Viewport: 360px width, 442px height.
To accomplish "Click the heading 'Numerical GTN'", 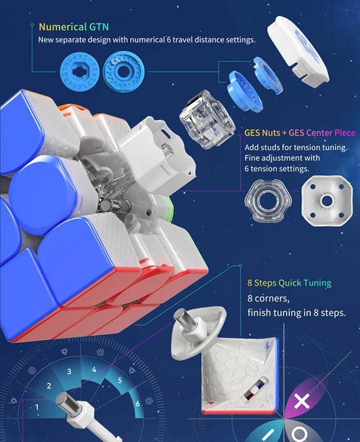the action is (x=73, y=27).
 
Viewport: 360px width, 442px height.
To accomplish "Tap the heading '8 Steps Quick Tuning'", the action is (x=289, y=283).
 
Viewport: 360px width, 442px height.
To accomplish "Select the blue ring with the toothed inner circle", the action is (x=124, y=71).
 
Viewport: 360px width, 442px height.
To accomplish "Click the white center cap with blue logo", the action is (x=298, y=50).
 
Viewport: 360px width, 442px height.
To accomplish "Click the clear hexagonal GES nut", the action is (x=268, y=201).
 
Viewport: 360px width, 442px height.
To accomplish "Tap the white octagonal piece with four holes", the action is (x=327, y=201).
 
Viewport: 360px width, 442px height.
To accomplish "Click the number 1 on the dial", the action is (x=37, y=407).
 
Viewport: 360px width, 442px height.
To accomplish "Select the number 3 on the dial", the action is (x=69, y=371).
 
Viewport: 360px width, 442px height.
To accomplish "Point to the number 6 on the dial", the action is (x=137, y=403).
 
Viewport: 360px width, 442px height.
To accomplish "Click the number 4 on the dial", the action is (x=94, y=369).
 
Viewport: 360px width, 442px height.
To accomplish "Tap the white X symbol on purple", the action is (x=302, y=401).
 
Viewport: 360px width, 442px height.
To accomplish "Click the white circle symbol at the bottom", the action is (x=298, y=435).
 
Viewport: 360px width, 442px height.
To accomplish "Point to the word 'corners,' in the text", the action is (x=268, y=299).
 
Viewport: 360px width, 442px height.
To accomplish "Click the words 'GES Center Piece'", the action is (x=322, y=133).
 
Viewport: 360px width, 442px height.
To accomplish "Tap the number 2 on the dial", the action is (x=49, y=386).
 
